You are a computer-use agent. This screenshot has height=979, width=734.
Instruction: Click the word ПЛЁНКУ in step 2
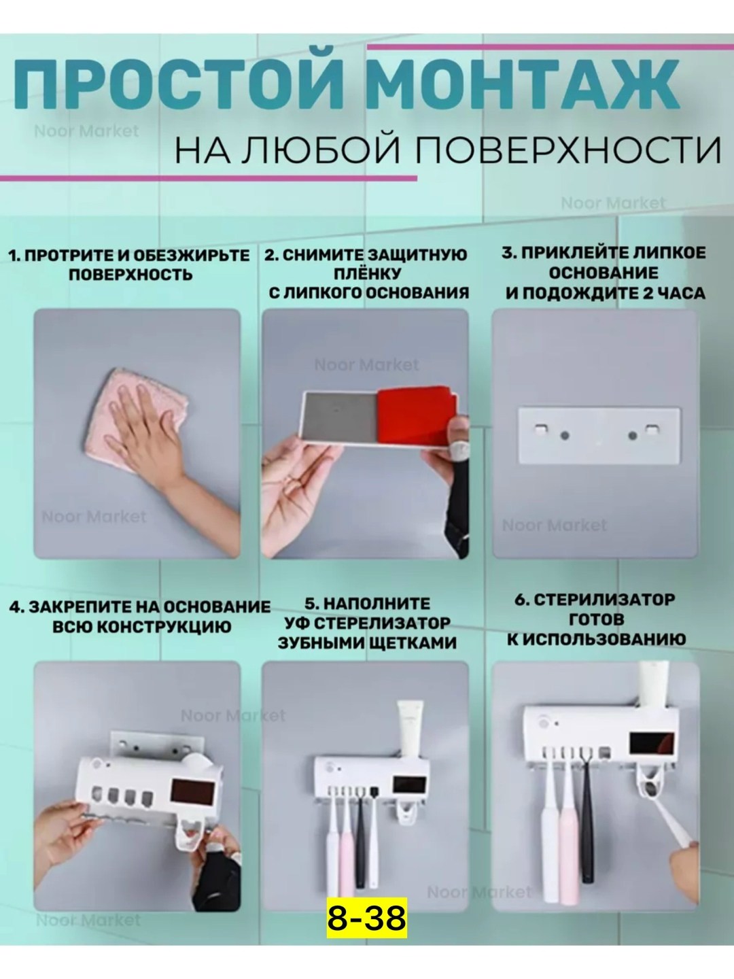367,273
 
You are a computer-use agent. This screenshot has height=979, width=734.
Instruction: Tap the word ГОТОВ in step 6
596,619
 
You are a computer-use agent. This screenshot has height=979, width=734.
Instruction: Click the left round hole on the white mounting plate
564,435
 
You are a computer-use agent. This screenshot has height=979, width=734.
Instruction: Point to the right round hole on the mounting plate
632,435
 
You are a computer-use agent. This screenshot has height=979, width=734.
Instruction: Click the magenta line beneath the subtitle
209,178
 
